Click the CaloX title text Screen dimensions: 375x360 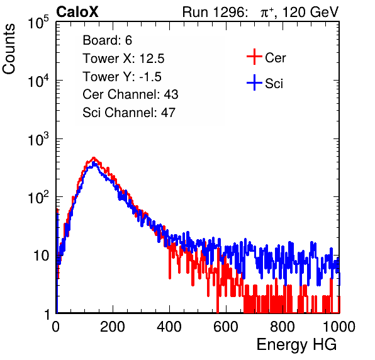tap(77, 12)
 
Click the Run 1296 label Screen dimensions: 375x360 tap(215, 12)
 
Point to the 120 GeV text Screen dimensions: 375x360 tap(310, 12)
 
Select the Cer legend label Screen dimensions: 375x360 tap(275, 58)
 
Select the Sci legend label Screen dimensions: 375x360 tap(274, 84)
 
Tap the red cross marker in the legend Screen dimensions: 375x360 tap(254, 57)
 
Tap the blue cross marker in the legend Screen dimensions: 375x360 tap(254, 82)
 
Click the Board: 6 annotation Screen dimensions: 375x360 tap(107, 40)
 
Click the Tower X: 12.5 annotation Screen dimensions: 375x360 tap(123, 59)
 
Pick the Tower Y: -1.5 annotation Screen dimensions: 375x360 tap(122, 77)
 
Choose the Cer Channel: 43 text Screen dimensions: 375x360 tap(130, 94)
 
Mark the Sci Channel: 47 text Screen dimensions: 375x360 tap(129, 113)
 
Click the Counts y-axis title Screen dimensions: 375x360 tap(9, 49)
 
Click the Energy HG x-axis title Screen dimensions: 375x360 tap(296, 345)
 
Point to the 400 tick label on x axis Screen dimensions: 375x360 tap(169, 327)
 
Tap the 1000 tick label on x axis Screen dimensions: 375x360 tap(339, 327)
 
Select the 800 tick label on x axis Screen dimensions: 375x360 tap(283, 327)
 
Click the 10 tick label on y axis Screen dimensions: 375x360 tap(42, 256)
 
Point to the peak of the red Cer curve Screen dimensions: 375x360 tap(94, 158)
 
